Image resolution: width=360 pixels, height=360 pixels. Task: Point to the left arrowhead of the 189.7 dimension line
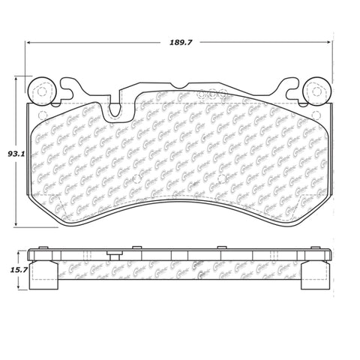(29, 43)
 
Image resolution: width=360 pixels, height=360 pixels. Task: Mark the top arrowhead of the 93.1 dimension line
(18, 80)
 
